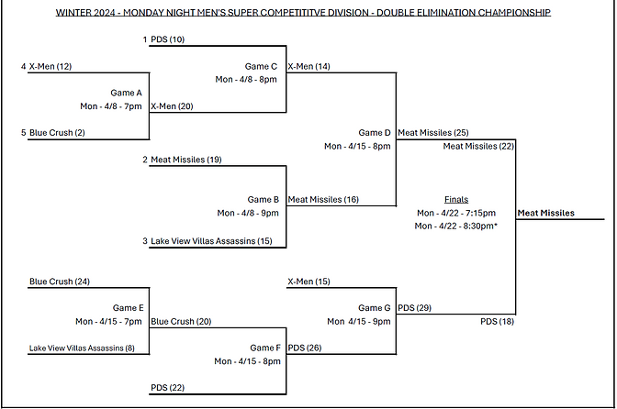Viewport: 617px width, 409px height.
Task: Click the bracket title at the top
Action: (303, 13)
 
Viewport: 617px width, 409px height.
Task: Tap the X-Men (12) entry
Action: (50, 66)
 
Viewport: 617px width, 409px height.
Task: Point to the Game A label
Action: (126, 93)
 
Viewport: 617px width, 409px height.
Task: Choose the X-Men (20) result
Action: (172, 106)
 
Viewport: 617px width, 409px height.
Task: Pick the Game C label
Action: (262, 66)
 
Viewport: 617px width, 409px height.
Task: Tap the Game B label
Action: (263, 199)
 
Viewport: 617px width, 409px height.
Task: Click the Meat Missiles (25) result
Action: (433, 133)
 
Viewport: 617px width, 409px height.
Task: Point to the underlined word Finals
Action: (455, 199)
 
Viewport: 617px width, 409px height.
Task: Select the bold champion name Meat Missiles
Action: (546, 213)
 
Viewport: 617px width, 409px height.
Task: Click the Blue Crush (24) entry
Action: (59, 282)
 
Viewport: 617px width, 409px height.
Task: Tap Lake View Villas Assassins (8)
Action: (82, 348)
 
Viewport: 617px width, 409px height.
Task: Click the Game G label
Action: (375, 308)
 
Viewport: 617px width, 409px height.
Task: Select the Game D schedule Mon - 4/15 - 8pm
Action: (357, 146)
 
